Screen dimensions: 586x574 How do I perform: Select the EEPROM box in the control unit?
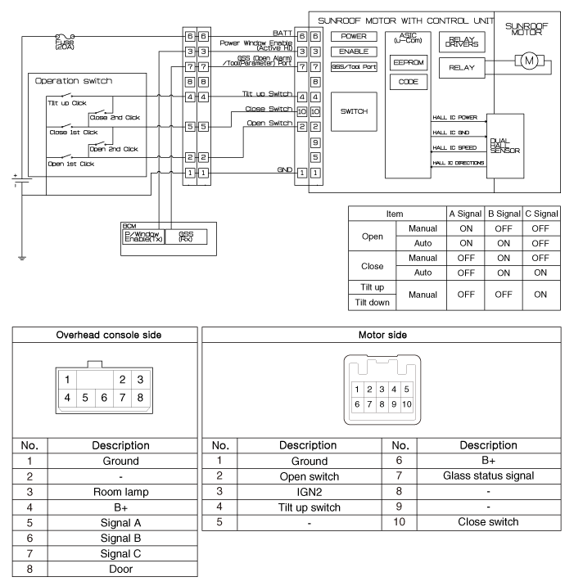[x=409, y=62]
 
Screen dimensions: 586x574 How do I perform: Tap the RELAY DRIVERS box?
[x=463, y=40]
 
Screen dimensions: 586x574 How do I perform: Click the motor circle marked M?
[x=528, y=61]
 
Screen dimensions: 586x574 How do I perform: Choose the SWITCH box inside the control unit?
[x=354, y=110]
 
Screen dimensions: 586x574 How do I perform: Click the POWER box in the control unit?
[x=354, y=37]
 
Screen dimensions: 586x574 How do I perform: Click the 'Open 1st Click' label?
[x=67, y=164]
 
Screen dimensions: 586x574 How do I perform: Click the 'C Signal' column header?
[x=540, y=213]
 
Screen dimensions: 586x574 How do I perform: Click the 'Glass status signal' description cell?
[x=489, y=476]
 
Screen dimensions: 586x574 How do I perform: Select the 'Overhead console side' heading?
[x=105, y=335]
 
